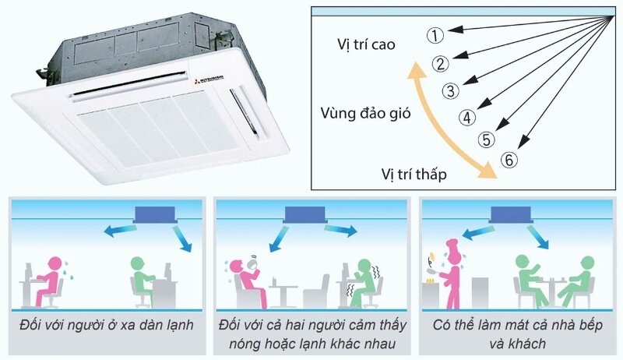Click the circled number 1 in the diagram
coord(435,34)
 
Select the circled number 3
coord(451,90)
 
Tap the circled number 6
coord(509,161)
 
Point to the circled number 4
coord(466,118)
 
